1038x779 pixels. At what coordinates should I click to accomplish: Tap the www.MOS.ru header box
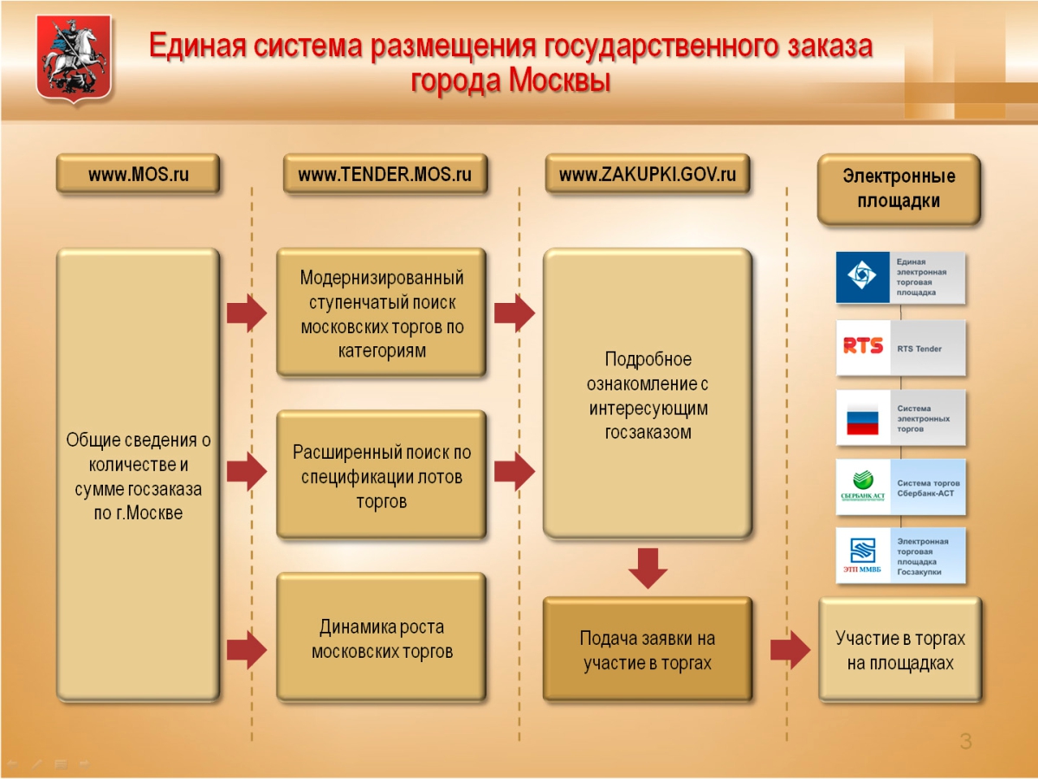[138, 174]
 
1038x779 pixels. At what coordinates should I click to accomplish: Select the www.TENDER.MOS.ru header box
[384, 174]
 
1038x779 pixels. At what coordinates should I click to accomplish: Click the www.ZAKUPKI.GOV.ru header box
[647, 174]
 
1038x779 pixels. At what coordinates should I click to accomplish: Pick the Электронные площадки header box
[899, 189]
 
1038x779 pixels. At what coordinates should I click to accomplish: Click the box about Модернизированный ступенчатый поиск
[381, 313]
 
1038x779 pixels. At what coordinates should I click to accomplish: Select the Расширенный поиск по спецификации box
[381, 475]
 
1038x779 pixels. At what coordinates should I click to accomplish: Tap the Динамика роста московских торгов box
[381, 638]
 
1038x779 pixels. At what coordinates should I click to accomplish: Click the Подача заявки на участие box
[647, 650]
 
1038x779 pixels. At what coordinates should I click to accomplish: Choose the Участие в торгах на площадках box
[899, 650]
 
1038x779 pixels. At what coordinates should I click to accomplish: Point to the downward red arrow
[648, 567]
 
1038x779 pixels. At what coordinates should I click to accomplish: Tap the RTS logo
[863, 347]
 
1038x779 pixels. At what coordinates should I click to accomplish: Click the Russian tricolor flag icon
[862, 419]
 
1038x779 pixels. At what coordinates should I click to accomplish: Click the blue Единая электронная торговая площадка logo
[862, 277]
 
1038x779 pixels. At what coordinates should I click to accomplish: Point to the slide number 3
[965, 741]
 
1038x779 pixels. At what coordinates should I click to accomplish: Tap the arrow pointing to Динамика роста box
[247, 649]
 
